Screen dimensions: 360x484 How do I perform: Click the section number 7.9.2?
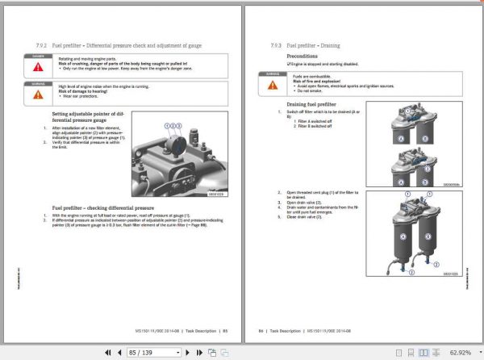point(41,47)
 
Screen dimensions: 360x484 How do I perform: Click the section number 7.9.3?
point(279,47)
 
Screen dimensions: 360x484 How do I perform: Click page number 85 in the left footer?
point(225,330)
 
